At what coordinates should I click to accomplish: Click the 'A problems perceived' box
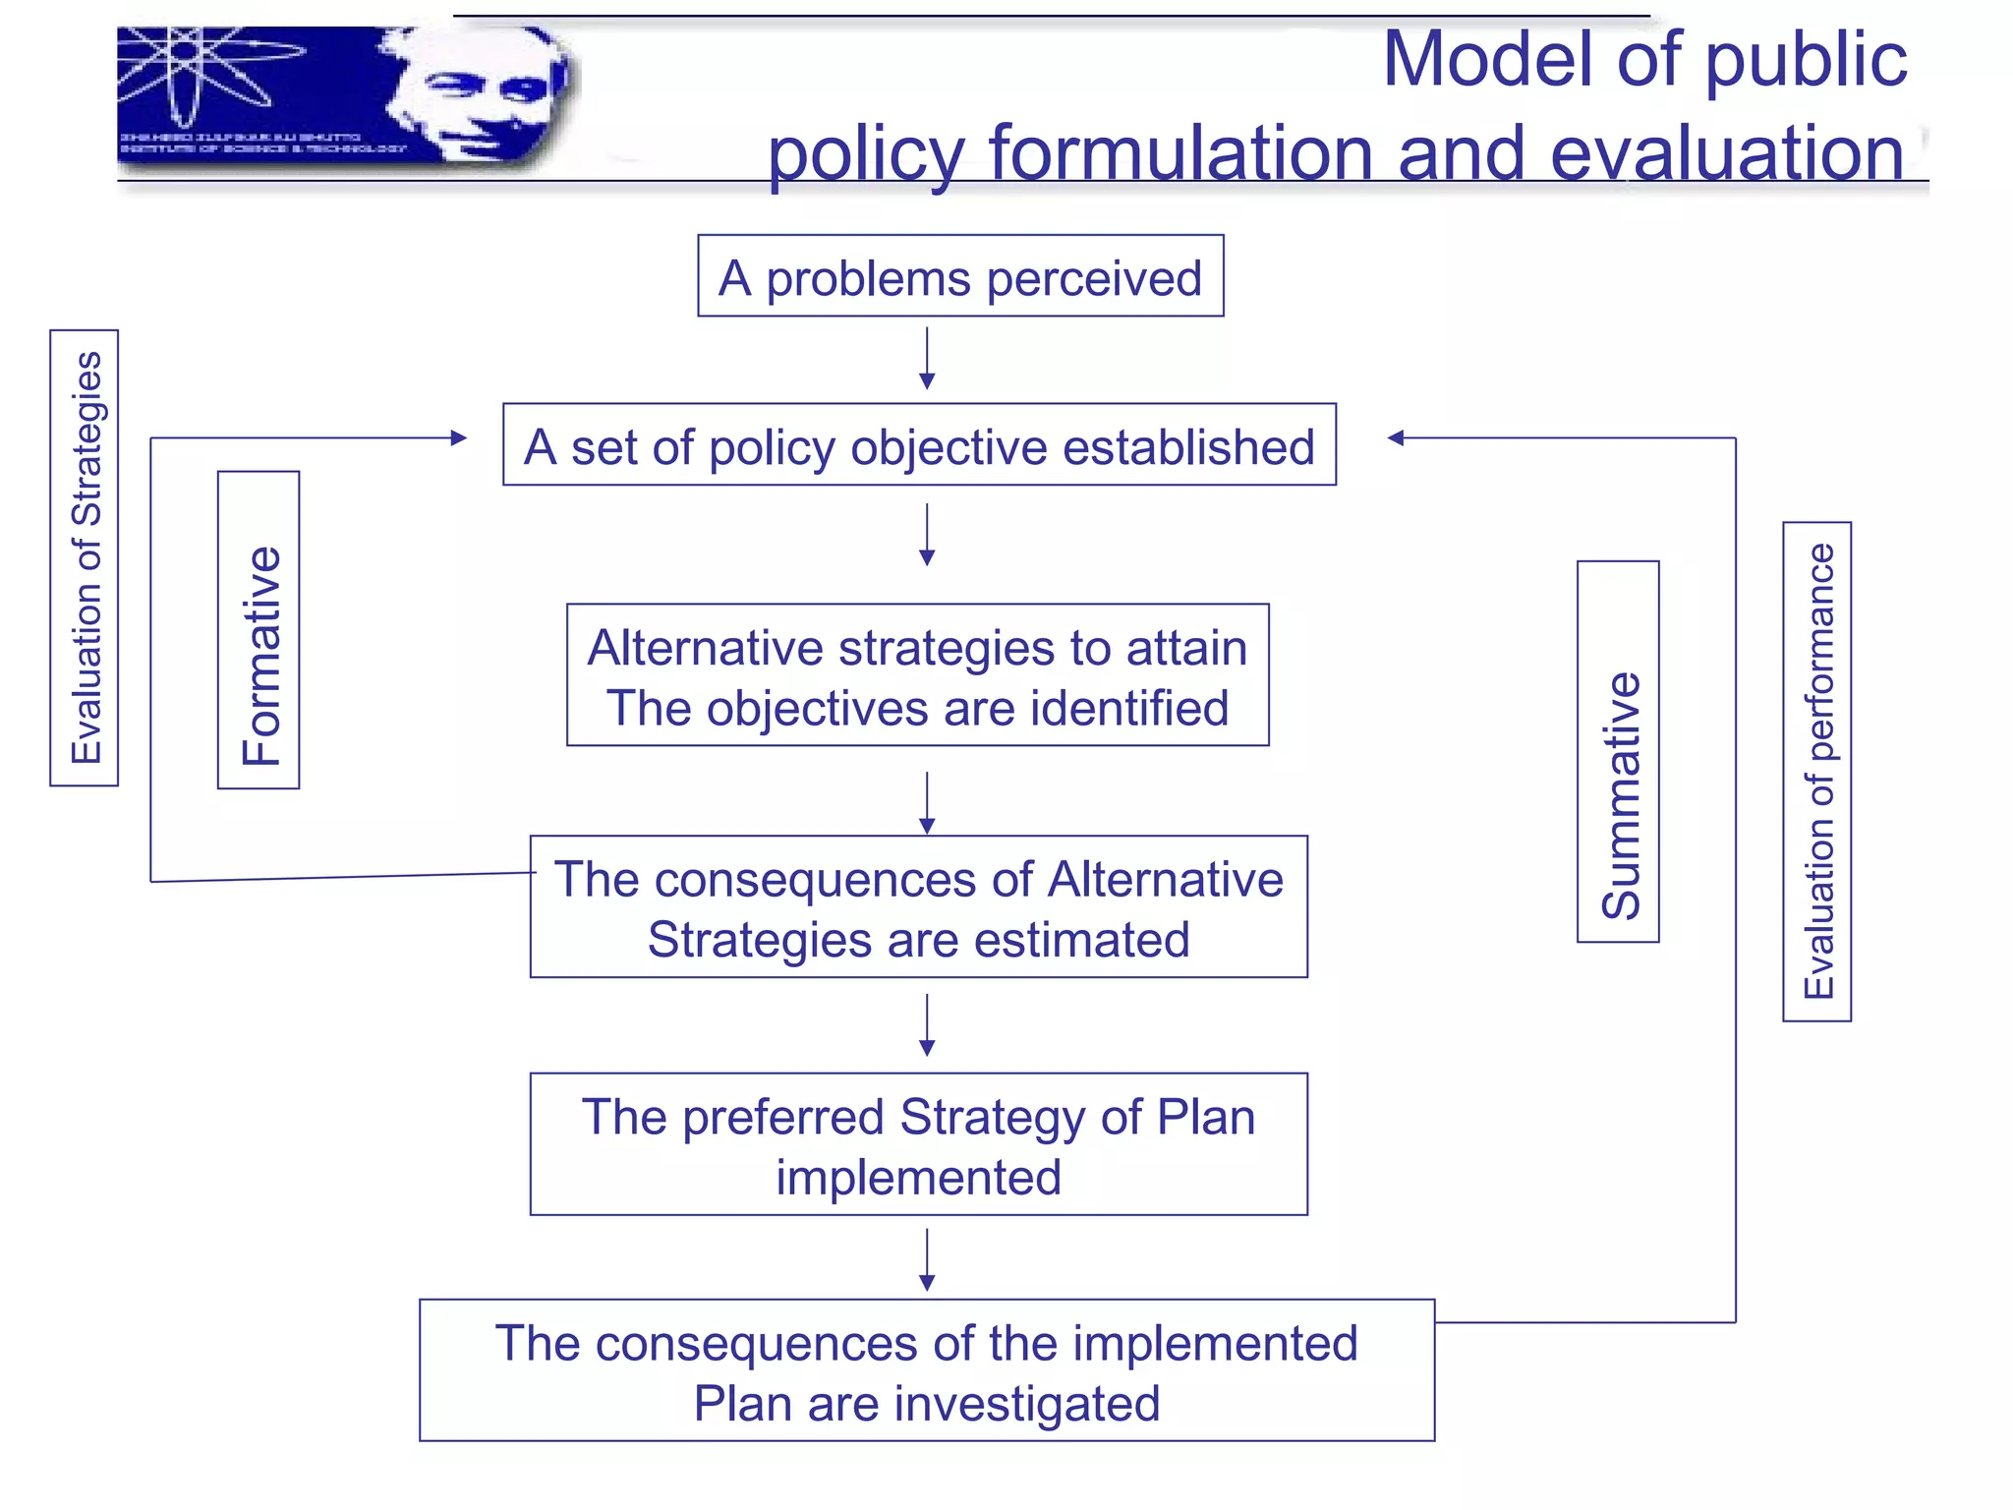960,276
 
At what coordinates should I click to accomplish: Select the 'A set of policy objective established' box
919,444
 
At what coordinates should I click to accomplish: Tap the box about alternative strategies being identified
917,675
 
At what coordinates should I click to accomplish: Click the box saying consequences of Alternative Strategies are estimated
918,906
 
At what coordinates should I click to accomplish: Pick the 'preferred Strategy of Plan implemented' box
918,1144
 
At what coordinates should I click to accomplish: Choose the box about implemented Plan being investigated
926,1370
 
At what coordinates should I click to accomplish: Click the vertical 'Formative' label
259,630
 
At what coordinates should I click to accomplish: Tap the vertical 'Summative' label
1618,752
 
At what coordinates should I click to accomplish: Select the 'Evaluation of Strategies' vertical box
85,557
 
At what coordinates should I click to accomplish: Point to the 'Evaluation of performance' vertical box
1816,772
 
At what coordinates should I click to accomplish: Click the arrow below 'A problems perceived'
927,359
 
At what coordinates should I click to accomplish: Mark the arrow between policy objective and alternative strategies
927,535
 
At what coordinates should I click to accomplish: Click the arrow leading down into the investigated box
927,1259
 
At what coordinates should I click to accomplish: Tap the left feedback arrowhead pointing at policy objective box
457,437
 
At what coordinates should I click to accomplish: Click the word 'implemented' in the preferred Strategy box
918,1177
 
